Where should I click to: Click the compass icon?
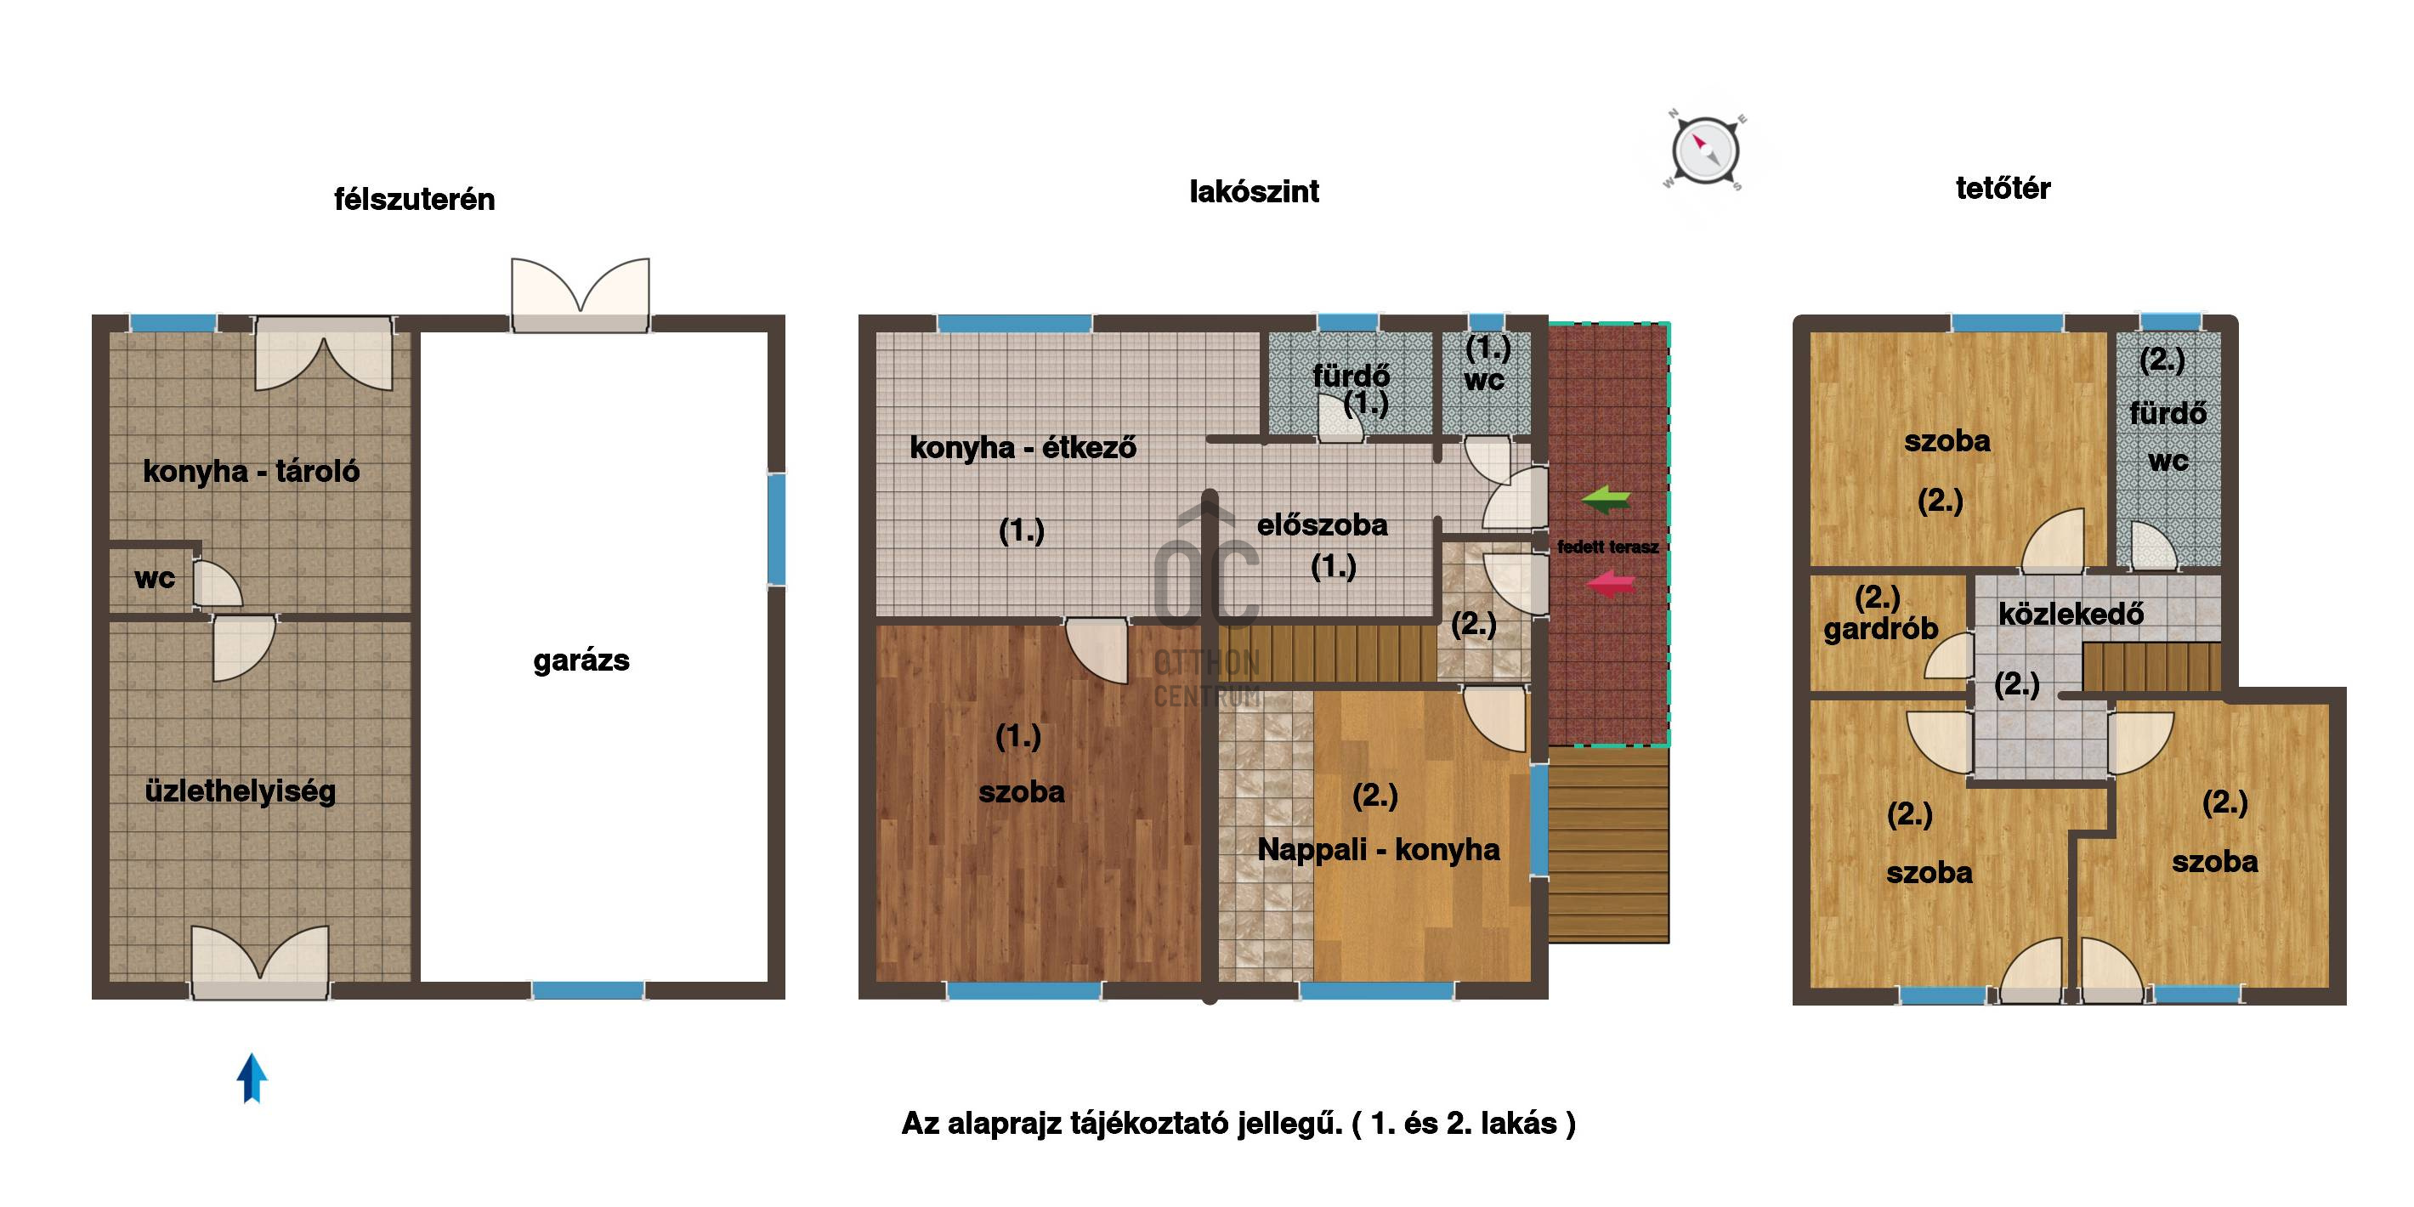click(1704, 150)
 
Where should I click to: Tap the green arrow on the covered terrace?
click(1606, 500)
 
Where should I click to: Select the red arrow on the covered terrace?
click(1610, 585)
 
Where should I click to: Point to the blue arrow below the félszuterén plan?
click(251, 1078)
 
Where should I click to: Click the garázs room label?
click(581, 660)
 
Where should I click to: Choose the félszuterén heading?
click(414, 199)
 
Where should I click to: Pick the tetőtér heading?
click(2003, 189)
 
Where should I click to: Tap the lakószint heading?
click(1254, 191)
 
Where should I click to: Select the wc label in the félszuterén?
click(155, 578)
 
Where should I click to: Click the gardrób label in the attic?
click(1880, 628)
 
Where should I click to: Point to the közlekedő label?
click(2071, 614)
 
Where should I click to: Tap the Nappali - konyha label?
click(1378, 849)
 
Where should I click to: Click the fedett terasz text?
click(1608, 547)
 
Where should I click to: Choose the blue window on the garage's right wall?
click(776, 530)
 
